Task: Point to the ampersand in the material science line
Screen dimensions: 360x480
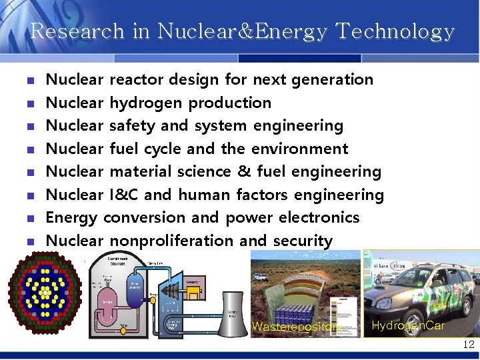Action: [243, 171]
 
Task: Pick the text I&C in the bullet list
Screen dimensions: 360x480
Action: [125, 195]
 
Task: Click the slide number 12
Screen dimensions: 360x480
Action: [468, 345]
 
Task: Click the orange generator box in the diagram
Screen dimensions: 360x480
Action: [193, 285]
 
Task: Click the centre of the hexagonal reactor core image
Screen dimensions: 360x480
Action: [45, 293]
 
